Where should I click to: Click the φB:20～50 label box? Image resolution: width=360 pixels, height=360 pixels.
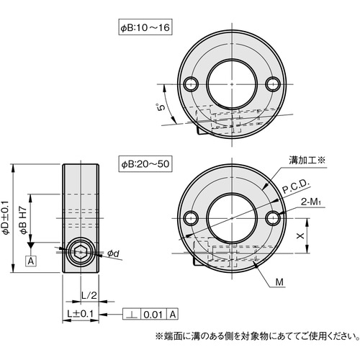(x=144, y=165)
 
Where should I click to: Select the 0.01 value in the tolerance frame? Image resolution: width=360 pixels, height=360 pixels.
(x=153, y=315)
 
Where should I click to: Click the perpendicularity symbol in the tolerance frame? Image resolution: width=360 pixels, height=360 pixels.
(x=132, y=315)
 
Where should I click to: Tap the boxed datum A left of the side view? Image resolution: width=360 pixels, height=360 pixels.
(x=31, y=261)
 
